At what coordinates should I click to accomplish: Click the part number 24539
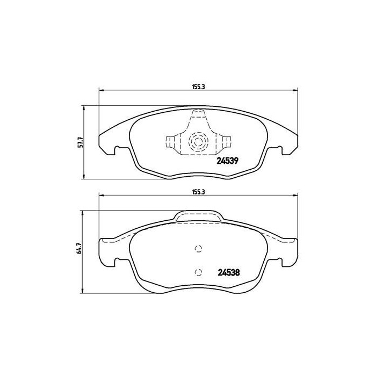point(227,160)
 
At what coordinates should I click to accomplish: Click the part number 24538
point(228,272)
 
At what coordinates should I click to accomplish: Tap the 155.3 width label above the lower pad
point(198,191)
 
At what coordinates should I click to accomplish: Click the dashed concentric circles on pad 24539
point(198,142)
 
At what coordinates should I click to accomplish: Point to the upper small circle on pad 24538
point(198,249)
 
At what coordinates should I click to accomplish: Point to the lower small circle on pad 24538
point(198,272)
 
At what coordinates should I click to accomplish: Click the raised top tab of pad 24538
point(198,216)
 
